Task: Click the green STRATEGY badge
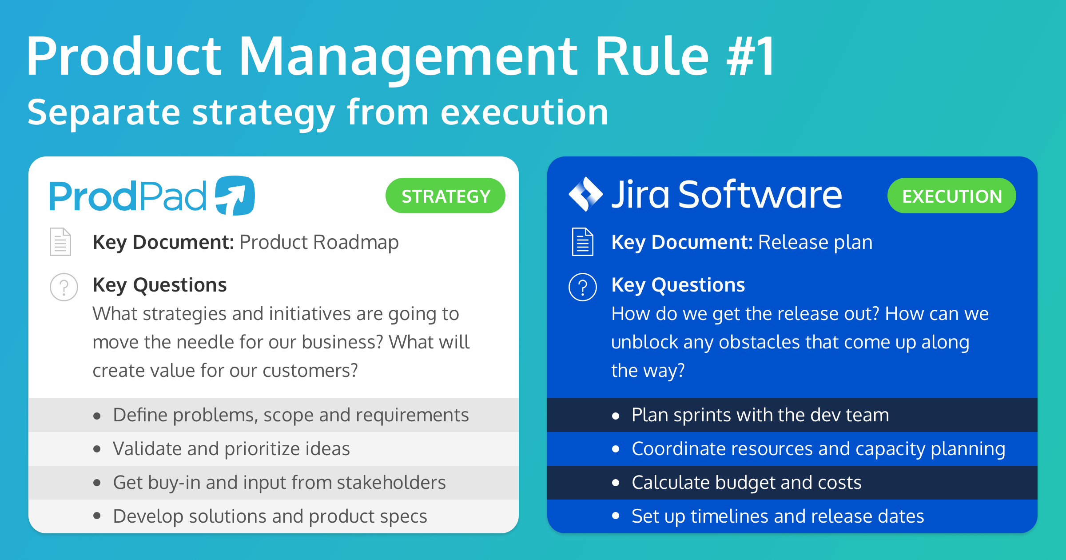[x=445, y=196]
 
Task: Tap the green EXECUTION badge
[x=951, y=196]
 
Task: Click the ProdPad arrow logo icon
[x=235, y=196]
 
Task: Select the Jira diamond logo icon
[x=586, y=194]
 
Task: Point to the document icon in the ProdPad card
[x=60, y=242]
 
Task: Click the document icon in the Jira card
[x=583, y=242]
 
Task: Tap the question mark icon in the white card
[x=64, y=287]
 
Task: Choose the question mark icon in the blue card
[x=583, y=287]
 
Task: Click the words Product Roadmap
[x=319, y=242]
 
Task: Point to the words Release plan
[x=815, y=242]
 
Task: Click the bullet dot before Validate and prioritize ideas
[x=97, y=449]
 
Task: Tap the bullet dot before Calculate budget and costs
[x=616, y=483]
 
